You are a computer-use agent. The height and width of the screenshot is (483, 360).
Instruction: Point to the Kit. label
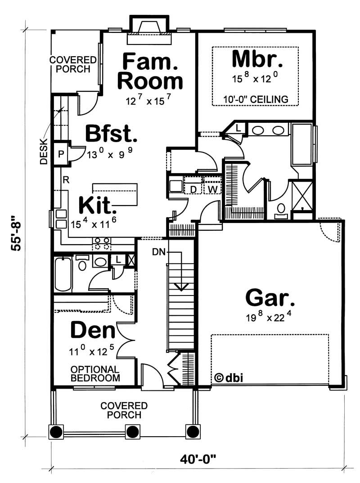(98, 206)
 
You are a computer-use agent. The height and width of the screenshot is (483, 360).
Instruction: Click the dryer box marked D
(193, 188)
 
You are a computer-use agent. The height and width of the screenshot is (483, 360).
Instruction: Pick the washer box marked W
(213, 188)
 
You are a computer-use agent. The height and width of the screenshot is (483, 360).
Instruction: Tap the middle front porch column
(132, 432)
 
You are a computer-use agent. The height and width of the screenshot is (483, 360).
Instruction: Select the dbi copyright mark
(229, 378)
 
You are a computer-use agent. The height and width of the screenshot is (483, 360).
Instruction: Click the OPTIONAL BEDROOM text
(95, 373)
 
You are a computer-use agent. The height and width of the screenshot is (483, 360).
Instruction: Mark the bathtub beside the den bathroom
(63, 274)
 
